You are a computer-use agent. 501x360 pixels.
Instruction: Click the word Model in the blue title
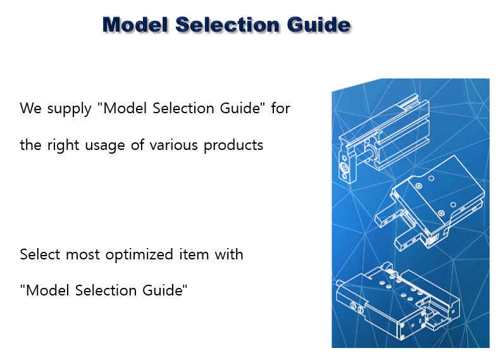pos(135,25)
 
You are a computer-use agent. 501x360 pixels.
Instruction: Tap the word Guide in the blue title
pos(319,25)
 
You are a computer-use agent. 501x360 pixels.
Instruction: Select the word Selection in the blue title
pos(227,25)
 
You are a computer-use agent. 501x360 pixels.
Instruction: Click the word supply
pos(70,109)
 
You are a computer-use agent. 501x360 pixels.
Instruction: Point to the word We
pos(30,108)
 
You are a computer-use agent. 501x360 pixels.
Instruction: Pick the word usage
pos(105,146)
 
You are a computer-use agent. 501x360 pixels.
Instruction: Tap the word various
pos(174,145)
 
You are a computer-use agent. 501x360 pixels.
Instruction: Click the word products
pos(233,146)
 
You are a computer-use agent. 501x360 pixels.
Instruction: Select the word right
pos(63,146)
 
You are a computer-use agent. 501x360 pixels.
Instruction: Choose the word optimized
pos(139,255)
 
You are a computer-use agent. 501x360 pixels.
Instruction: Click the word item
pos(194,254)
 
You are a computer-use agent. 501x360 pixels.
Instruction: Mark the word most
pos(82,255)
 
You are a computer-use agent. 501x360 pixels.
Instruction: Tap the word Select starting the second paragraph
pos(40,254)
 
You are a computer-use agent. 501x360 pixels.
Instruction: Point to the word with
pos(229,254)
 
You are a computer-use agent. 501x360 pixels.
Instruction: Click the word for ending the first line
pos(280,108)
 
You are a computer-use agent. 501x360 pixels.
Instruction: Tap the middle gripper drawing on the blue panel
pos(430,203)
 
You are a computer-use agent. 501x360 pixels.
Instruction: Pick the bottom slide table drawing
pos(398,302)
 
